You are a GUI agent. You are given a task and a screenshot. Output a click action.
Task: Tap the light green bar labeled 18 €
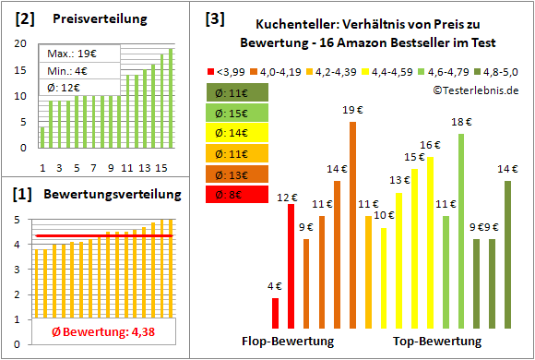461,231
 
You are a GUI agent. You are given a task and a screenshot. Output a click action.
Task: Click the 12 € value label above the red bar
288,197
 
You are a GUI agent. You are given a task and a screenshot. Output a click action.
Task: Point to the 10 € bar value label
384,215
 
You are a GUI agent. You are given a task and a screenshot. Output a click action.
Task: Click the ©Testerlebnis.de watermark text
473,90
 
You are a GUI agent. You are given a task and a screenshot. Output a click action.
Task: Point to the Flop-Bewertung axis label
288,342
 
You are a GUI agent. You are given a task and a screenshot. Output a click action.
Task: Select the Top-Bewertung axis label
437,342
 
